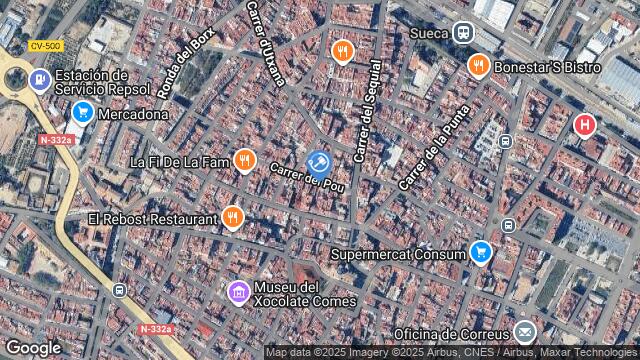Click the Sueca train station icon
[463, 33]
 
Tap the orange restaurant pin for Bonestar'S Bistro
[478, 66]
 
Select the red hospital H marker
[584, 125]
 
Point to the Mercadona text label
[134, 114]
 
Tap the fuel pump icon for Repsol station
[40, 81]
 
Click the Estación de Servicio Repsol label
[104, 82]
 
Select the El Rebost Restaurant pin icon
[233, 216]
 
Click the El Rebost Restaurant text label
[152, 218]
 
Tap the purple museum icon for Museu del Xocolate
[239, 292]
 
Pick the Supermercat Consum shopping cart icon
[481, 252]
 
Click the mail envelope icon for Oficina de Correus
[525, 332]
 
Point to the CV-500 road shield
[45, 46]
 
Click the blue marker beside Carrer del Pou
[319, 162]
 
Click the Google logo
[33, 347]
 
